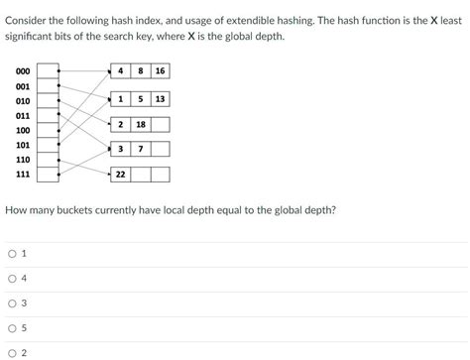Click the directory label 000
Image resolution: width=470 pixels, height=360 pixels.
22,71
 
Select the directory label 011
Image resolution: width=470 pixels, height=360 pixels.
22,115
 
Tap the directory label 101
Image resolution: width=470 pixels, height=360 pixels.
22,145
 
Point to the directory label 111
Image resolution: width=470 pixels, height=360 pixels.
22,174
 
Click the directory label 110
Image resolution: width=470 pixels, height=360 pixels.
22,159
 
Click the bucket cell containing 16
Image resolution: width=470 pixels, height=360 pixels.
160,71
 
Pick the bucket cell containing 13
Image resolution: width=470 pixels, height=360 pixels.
160,99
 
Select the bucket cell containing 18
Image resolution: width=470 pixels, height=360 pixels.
141,125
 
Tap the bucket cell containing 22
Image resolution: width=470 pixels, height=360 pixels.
120,175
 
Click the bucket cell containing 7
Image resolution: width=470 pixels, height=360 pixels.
141,149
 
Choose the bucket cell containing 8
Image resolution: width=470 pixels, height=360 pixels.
141,71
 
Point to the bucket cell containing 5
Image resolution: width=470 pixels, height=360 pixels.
141,99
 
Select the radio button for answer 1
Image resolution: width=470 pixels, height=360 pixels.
12,254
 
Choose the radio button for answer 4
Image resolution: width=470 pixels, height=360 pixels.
12,279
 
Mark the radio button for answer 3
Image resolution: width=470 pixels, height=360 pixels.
12,303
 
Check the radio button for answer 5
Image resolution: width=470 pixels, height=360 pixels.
12,328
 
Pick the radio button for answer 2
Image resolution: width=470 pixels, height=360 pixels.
12,352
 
